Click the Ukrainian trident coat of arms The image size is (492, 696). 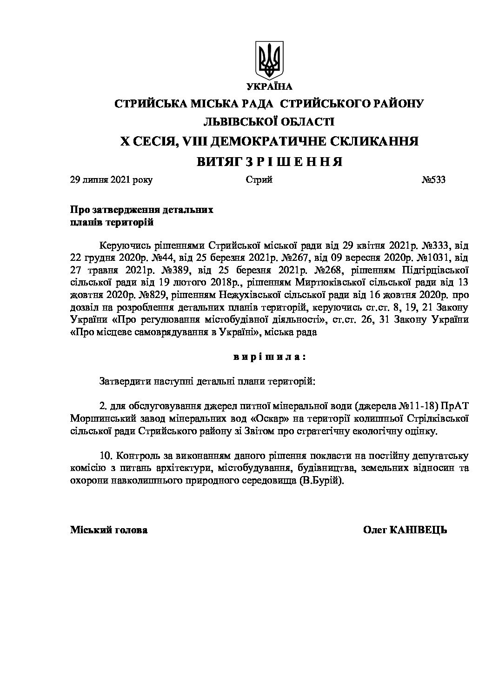point(269,60)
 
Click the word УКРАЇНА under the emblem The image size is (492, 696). point(269,86)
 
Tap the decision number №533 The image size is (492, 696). point(433,180)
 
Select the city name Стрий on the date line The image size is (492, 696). point(259,180)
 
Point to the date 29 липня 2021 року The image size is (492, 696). point(111,180)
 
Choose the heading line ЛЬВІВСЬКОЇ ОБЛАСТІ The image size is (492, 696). point(269,122)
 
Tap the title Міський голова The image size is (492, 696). point(109,530)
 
